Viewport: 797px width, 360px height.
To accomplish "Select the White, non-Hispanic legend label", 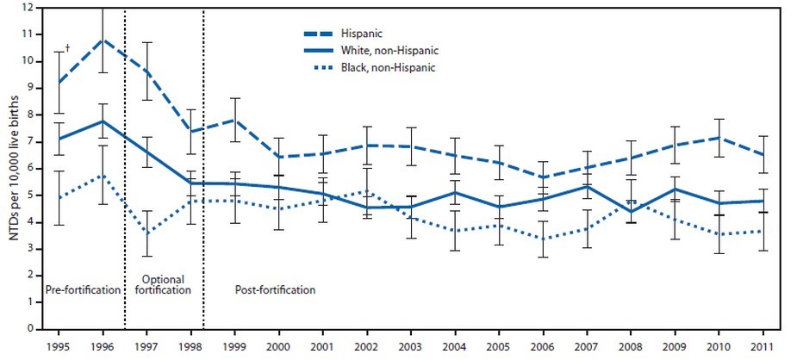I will point(389,51).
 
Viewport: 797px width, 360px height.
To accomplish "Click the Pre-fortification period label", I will point(83,290).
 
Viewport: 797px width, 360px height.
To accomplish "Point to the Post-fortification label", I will point(275,290).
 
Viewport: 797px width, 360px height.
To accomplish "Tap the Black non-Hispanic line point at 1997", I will point(147,233).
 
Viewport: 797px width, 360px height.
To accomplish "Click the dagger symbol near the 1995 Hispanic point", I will point(66,48).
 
